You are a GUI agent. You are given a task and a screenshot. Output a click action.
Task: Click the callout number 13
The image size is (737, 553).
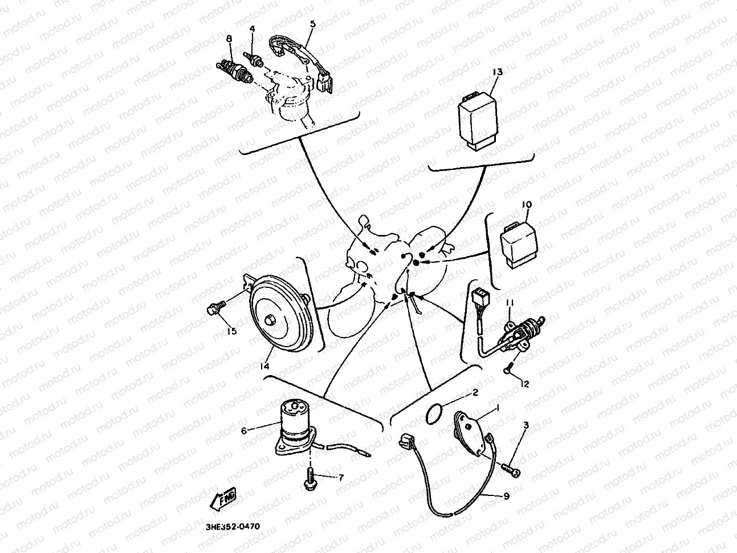tap(498, 72)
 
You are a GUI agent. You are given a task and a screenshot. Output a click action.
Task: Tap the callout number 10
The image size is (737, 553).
tap(527, 204)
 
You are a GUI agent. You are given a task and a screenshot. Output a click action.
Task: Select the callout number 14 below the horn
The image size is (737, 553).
tap(264, 366)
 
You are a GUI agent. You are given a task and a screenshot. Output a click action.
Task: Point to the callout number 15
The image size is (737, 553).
tap(231, 331)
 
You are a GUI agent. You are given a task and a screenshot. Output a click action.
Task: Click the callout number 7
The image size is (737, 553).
tap(341, 477)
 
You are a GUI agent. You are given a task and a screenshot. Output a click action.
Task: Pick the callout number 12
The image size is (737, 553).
tap(525, 384)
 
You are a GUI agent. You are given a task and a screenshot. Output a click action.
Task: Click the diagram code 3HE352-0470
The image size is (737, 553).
tap(233, 526)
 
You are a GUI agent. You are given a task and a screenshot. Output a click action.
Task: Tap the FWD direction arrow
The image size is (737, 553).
tap(223, 499)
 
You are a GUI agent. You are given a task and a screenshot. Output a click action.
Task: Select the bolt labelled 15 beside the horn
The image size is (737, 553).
tap(217, 307)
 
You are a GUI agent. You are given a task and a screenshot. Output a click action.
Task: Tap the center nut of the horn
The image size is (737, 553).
tap(269, 320)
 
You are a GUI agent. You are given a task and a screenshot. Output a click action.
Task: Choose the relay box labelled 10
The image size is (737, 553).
tap(519, 245)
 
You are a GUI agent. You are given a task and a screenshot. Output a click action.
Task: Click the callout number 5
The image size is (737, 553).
tap(313, 24)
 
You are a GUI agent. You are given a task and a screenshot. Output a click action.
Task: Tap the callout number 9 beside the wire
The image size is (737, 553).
tap(507, 495)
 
